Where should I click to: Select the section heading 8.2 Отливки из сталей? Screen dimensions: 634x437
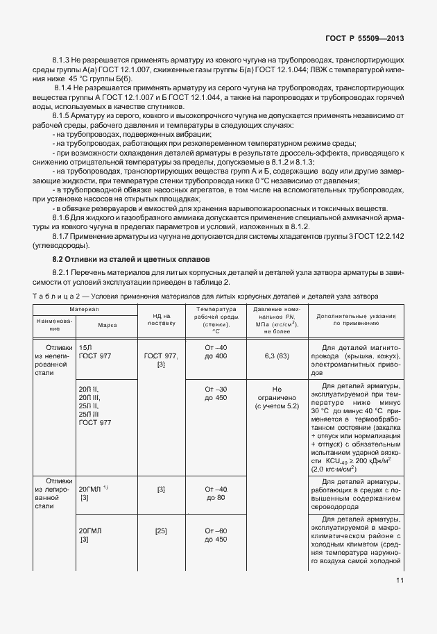[x=132, y=259]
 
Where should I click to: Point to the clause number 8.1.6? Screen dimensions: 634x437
[x=63, y=217]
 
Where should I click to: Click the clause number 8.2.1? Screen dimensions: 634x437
[x=63, y=271]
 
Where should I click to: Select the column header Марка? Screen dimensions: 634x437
[x=107, y=324]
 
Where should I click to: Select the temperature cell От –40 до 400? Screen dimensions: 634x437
[x=216, y=351]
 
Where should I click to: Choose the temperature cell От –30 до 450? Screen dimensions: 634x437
[x=216, y=393]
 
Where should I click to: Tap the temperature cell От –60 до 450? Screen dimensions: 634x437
[x=216, y=535]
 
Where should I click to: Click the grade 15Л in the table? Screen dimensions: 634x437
[x=85, y=346]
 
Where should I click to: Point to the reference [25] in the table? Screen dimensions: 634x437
[x=161, y=531]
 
